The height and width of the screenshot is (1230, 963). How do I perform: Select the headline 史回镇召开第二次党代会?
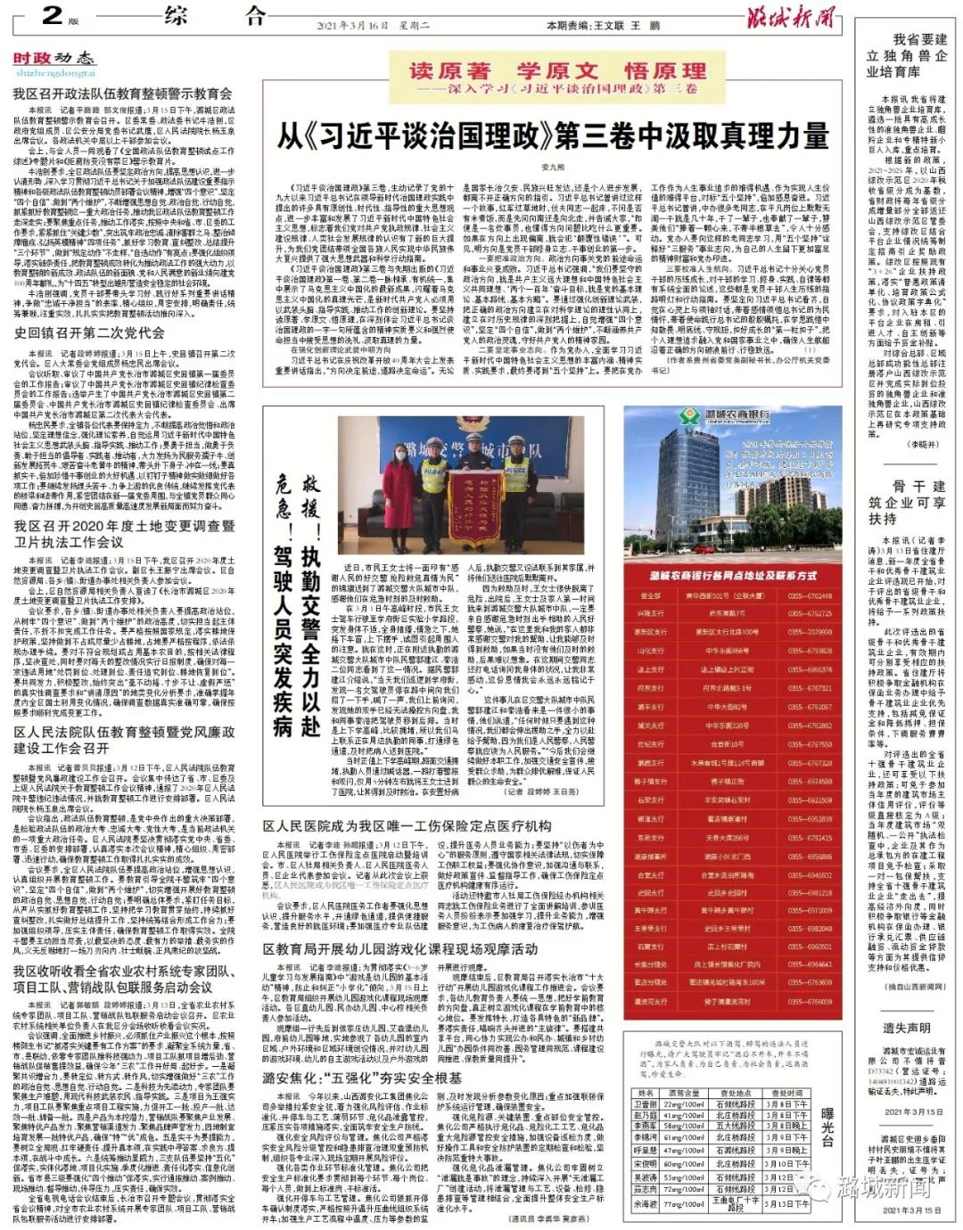88,332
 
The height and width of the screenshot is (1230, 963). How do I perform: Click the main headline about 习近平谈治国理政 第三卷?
553,136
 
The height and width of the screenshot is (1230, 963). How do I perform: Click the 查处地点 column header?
736,1093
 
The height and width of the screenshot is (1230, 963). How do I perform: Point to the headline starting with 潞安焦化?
362,1078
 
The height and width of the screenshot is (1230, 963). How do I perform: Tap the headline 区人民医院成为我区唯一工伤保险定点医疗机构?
407,826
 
